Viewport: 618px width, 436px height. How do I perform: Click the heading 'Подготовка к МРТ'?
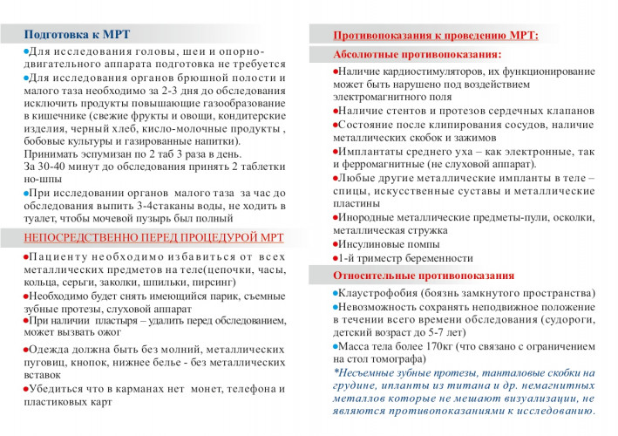tap(78, 35)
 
